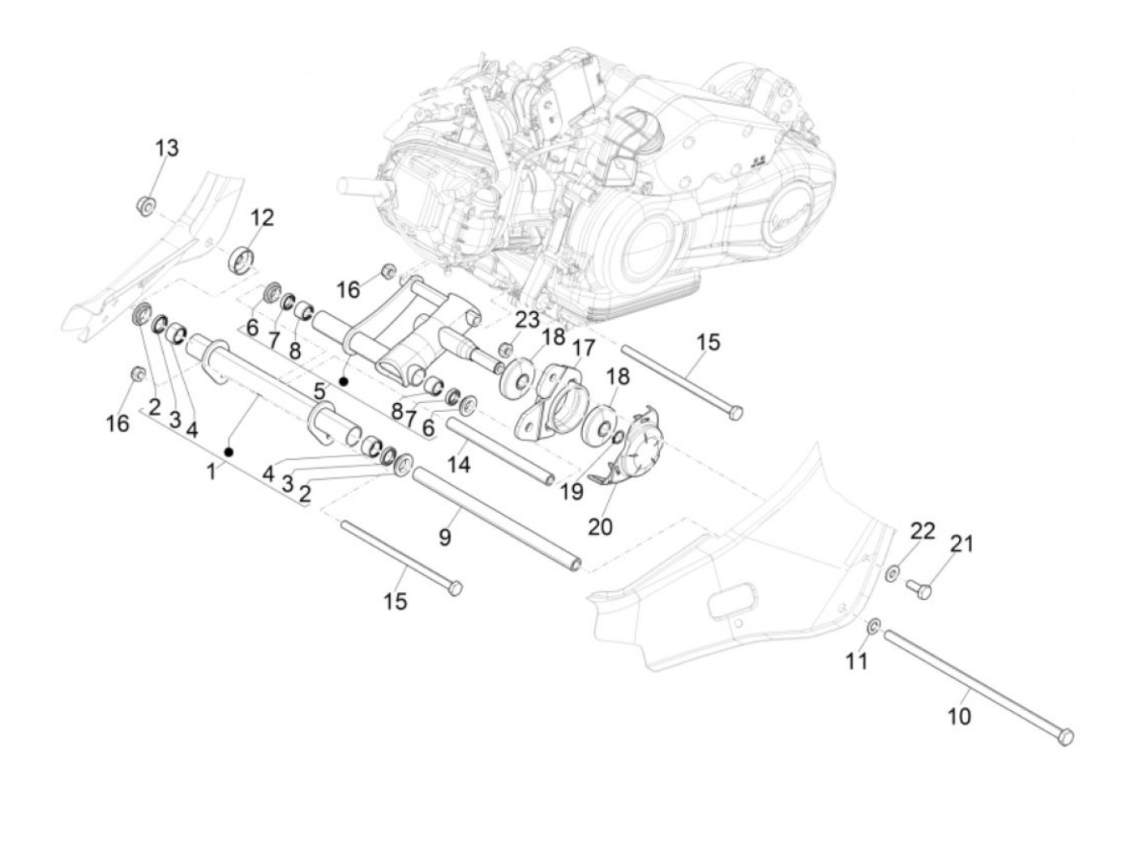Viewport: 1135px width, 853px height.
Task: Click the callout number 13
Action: click(x=167, y=148)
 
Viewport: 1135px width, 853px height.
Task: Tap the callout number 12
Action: click(x=262, y=217)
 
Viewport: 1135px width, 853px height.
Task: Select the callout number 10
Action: click(x=959, y=717)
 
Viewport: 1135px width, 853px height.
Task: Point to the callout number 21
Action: click(x=962, y=544)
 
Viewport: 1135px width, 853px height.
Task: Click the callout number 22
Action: click(x=923, y=531)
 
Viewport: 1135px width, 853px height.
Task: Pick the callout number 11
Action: click(x=856, y=661)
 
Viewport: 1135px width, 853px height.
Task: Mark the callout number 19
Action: click(x=572, y=491)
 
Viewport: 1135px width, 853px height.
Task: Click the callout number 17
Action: click(x=584, y=348)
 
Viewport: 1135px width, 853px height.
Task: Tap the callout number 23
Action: click(x=528, y=320)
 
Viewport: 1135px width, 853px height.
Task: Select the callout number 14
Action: click(x=459, y=465)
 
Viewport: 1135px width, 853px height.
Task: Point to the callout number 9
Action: click(x=445, y=537)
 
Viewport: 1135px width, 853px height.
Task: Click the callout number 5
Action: click(x=320, y=392)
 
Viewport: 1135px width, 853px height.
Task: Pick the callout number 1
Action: click(x=211, y=471)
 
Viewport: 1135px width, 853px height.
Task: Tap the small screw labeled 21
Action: click(x=919, y=589)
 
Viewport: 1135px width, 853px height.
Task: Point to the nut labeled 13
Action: click(x=147, y=206)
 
